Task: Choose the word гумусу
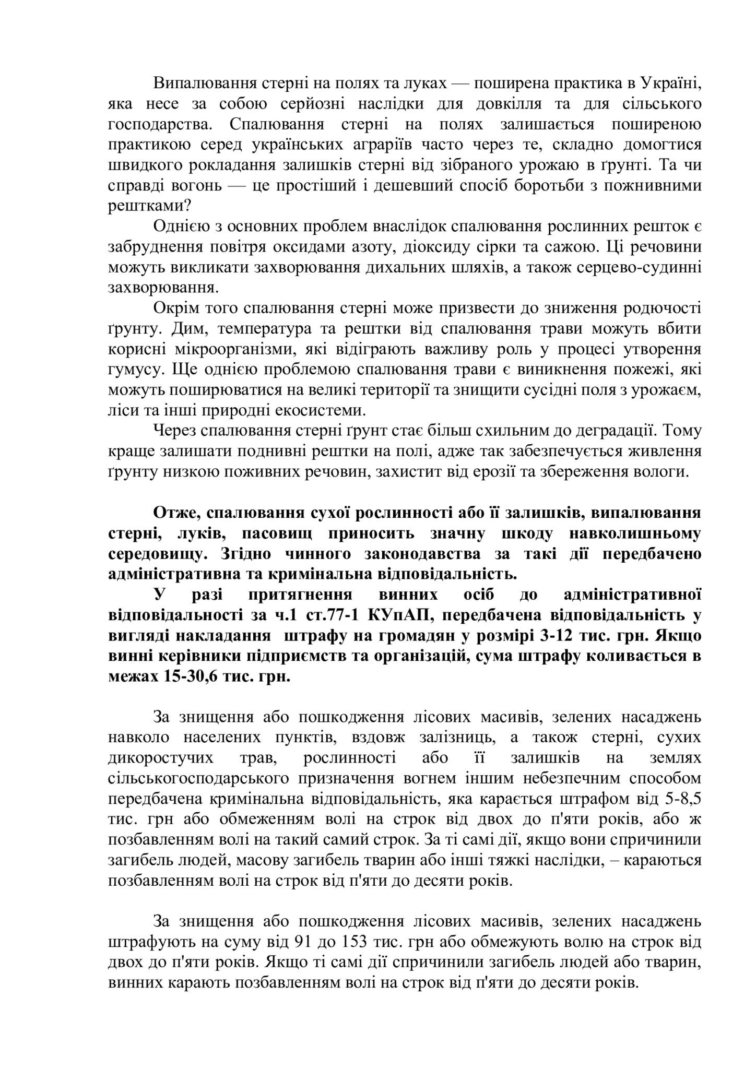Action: point(131,369)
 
